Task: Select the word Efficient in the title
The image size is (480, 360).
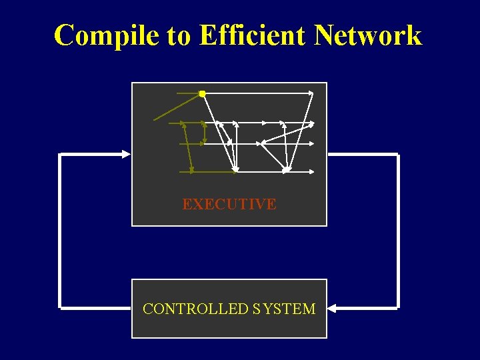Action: (254, 35)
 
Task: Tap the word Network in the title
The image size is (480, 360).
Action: (368, 35)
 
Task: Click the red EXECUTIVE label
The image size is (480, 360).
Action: (229, 205)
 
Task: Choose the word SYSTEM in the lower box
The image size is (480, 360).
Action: (285, 309)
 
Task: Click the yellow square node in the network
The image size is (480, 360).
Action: (202, 94)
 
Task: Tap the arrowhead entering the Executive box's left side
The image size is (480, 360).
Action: (127, 154)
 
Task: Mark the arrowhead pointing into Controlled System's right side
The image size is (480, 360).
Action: (332, 309)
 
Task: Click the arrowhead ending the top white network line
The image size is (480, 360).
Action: (311, 93)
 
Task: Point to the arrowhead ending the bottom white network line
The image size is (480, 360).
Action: (312, 171)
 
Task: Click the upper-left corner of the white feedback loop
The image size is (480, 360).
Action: (61, 155)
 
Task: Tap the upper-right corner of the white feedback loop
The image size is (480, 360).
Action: (397, 155)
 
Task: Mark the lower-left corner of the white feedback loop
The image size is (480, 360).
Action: (61, 308)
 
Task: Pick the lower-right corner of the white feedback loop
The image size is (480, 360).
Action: (397, 308)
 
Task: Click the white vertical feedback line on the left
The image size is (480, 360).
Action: (61, 231)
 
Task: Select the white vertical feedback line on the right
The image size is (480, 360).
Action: (397, 231)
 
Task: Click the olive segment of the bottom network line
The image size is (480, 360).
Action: (207, 171)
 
